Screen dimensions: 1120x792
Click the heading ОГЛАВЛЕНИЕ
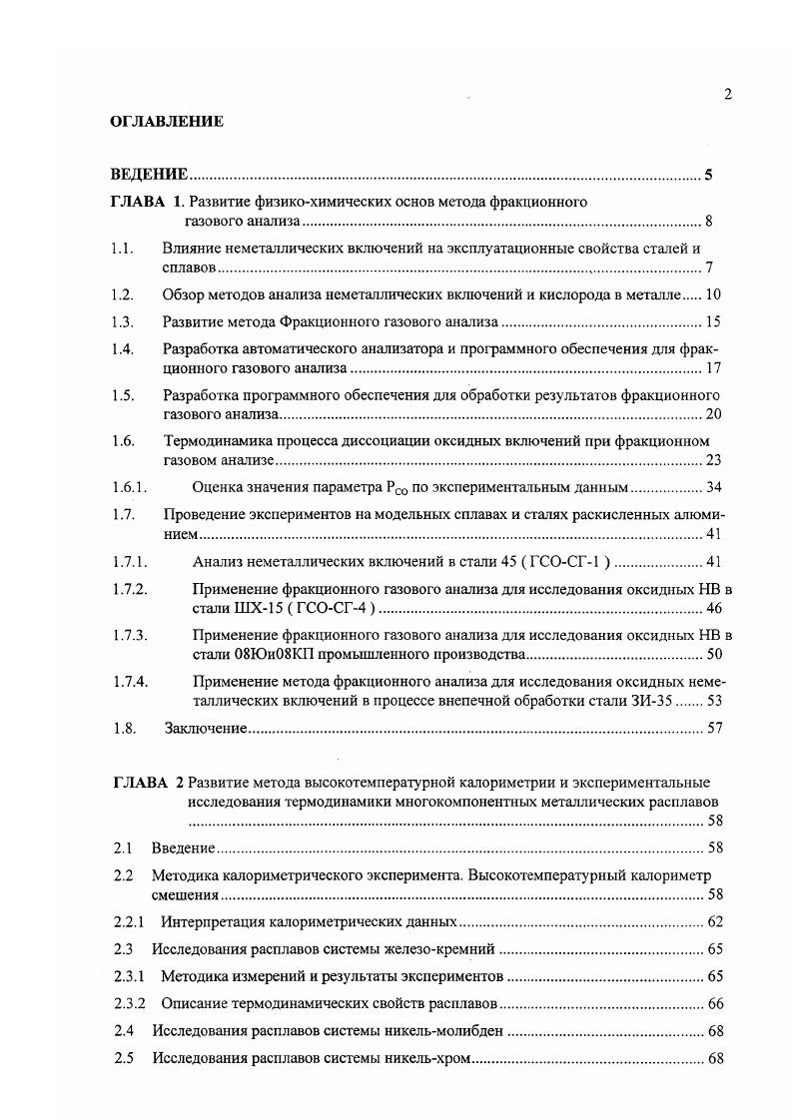click(x=166, y=122)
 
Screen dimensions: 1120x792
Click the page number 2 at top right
click(x=728, y=94)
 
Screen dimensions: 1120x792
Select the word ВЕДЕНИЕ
click(x=150, y=176)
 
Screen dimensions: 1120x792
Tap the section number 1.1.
click(x=123, y=248)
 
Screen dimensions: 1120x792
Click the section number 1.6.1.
click(x=130, y=487)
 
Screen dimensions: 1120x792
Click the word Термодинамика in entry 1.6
click(x=212, y=440)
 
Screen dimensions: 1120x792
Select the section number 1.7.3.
click(x=130, y=635)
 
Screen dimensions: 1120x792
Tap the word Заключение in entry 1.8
click(x=205, y=729)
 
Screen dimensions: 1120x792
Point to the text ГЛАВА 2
click(x=147, y=782)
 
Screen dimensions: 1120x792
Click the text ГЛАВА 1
click(x=147, y=202)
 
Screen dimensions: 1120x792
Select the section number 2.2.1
click(x=129, y=921)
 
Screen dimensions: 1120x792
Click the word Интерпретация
click(x=212, y=921)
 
